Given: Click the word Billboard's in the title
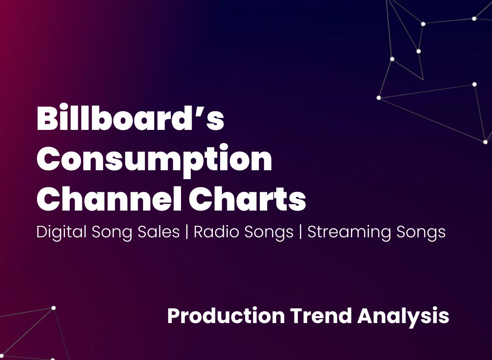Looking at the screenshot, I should coord(130,119).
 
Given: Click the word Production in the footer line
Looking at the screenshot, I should coord(226,316).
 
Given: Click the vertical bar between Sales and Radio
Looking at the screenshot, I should coord(187,232).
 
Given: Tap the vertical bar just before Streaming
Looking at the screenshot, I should coord(300,232).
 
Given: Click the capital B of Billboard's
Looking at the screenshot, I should coord(47,119).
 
